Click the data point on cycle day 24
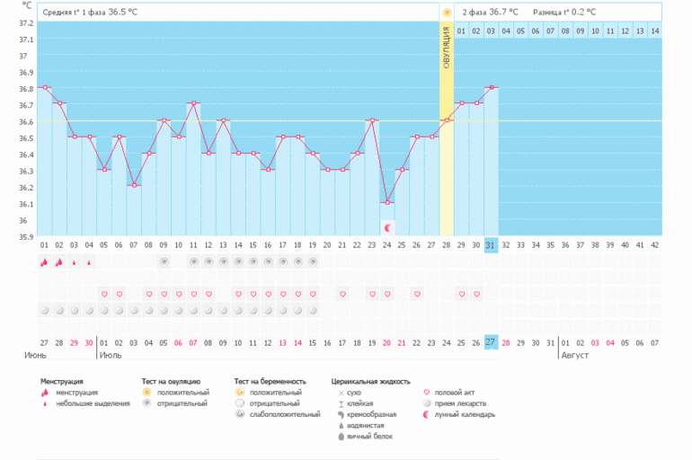point(387,203)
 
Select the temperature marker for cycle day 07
point(134,186)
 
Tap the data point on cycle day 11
point(193,103)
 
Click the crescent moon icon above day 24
point(387,227)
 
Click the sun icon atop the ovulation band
point(447,13)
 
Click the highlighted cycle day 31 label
point(491,245)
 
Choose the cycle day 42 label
point(654,245)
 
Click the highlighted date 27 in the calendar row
point(491,342)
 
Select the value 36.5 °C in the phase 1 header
point(124,13)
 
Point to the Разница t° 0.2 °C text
point(563,13)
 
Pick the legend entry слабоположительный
point(284,414)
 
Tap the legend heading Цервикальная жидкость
point(369,381)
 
